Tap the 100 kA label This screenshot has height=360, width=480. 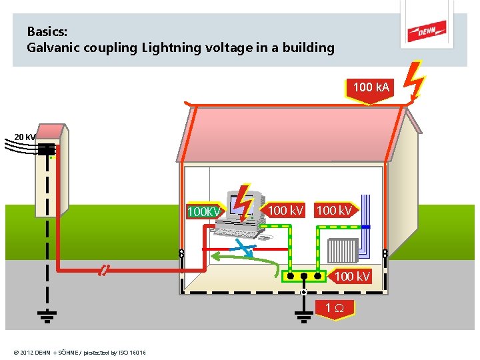coord(372,87)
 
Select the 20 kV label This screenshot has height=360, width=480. coord(25,137)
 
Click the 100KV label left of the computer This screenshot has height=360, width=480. coord(204,211)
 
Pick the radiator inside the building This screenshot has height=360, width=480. coord(343,250)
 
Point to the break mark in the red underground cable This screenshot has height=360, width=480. coord(103,270)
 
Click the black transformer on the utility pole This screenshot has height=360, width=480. coord(46,151)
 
